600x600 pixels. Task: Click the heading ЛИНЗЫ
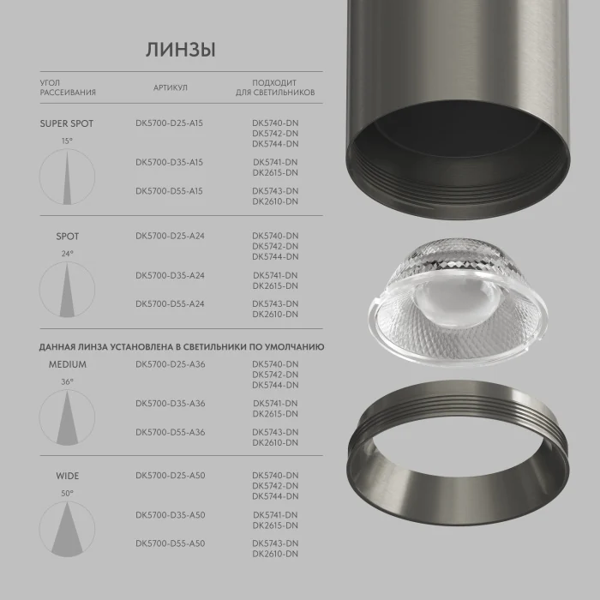(180, 50)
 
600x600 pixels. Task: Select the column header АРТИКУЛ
(170, 87)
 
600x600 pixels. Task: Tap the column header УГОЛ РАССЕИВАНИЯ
(67, 87)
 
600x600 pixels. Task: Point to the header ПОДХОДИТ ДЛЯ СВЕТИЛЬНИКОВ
(275, 87)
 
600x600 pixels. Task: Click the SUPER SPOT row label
(67, 123)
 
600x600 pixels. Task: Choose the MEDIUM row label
(67, 364)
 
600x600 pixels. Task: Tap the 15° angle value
(67, 141)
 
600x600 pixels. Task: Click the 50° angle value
(67, 494)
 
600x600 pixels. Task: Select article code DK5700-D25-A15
(169, 123)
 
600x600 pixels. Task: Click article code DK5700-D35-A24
(169, 275)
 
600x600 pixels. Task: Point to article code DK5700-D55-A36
(170, 432)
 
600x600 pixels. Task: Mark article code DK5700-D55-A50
(170, 543)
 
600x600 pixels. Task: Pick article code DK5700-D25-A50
(170, 476)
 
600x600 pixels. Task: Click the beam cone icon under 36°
(67, 416)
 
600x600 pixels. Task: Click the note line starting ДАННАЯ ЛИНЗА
(181, 347)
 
